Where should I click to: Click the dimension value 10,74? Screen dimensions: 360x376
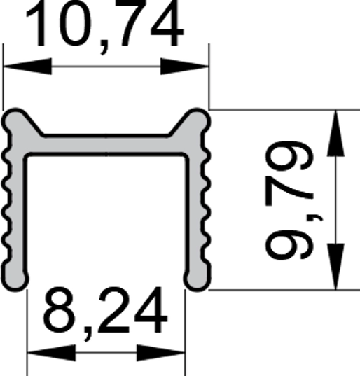point(105,27)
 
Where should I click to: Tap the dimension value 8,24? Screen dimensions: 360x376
point(105,314)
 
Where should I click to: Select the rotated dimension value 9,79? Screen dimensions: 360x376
point(293,200)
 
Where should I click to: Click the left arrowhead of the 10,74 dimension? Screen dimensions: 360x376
point(27,67)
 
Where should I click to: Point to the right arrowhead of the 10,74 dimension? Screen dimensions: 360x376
point(185,67)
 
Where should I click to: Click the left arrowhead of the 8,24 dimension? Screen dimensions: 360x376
point(52,353)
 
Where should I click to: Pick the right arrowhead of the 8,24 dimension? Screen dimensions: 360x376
point(160,353)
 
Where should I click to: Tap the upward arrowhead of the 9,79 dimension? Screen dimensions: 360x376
point(335,133)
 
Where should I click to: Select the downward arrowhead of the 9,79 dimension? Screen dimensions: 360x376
point(335,267)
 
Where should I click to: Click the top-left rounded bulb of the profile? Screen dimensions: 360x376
point(15,120)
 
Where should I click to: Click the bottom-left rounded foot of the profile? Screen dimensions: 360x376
point(15,278)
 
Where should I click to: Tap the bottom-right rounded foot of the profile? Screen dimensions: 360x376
point(197,278)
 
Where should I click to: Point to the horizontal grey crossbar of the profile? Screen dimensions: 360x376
point(106,145)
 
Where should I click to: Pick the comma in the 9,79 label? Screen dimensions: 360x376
point(317,218)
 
